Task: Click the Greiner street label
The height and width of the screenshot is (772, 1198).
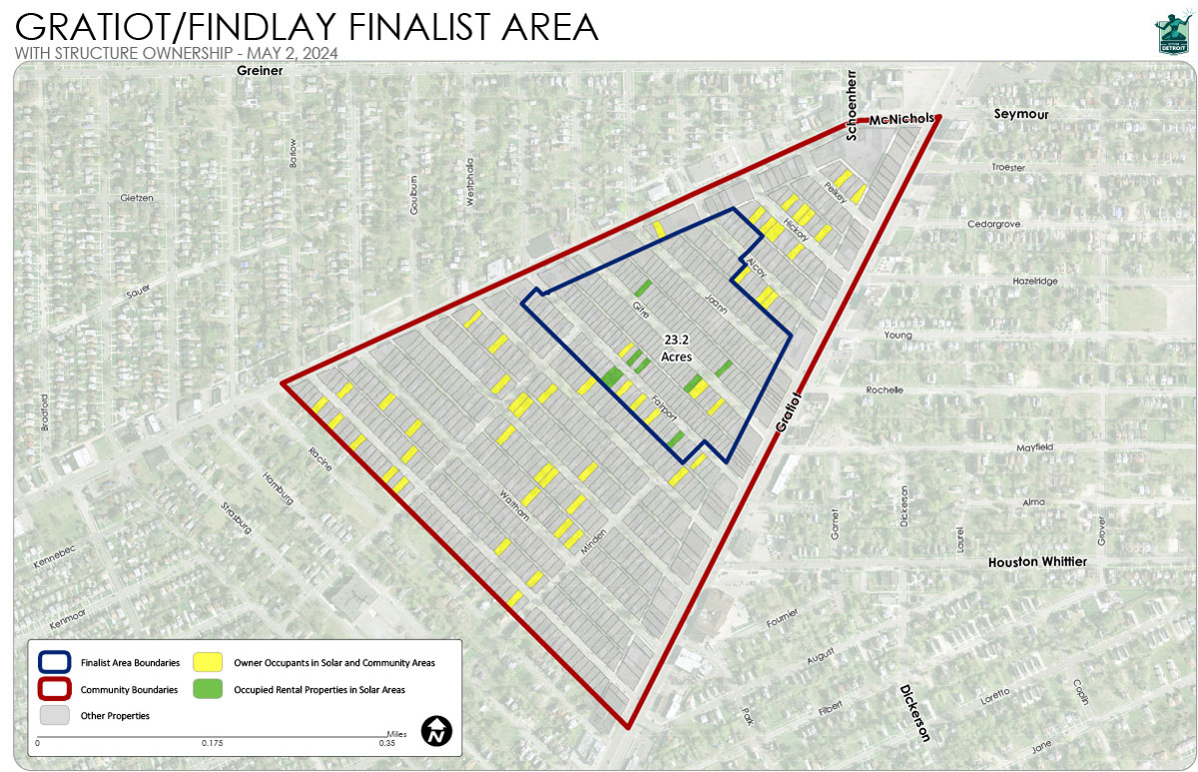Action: coord(260,72)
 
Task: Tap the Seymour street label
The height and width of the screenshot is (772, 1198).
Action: coord(1019,114)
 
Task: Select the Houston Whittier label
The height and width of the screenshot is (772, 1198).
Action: coord(1036,562)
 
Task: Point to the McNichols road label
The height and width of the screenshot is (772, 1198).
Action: coord(900,120)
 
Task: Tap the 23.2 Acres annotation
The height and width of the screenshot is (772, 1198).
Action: coord(677,348)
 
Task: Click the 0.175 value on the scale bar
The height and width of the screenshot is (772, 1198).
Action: coord(212,743)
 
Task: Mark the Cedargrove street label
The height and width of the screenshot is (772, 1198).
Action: coord(993,224)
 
